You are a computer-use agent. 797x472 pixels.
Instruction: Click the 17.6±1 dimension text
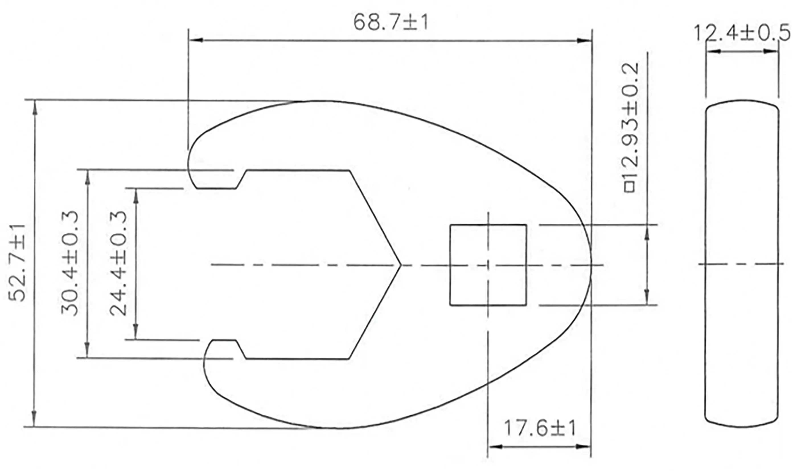[x=540, y=428]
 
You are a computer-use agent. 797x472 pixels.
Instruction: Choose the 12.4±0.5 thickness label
[x=741, y=33]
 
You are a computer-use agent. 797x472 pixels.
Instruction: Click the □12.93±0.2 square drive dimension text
[x=630, y=127]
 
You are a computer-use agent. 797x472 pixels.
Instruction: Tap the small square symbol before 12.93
[x=630, y=187]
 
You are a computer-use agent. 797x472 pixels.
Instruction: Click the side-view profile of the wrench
[x=742, y=264]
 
